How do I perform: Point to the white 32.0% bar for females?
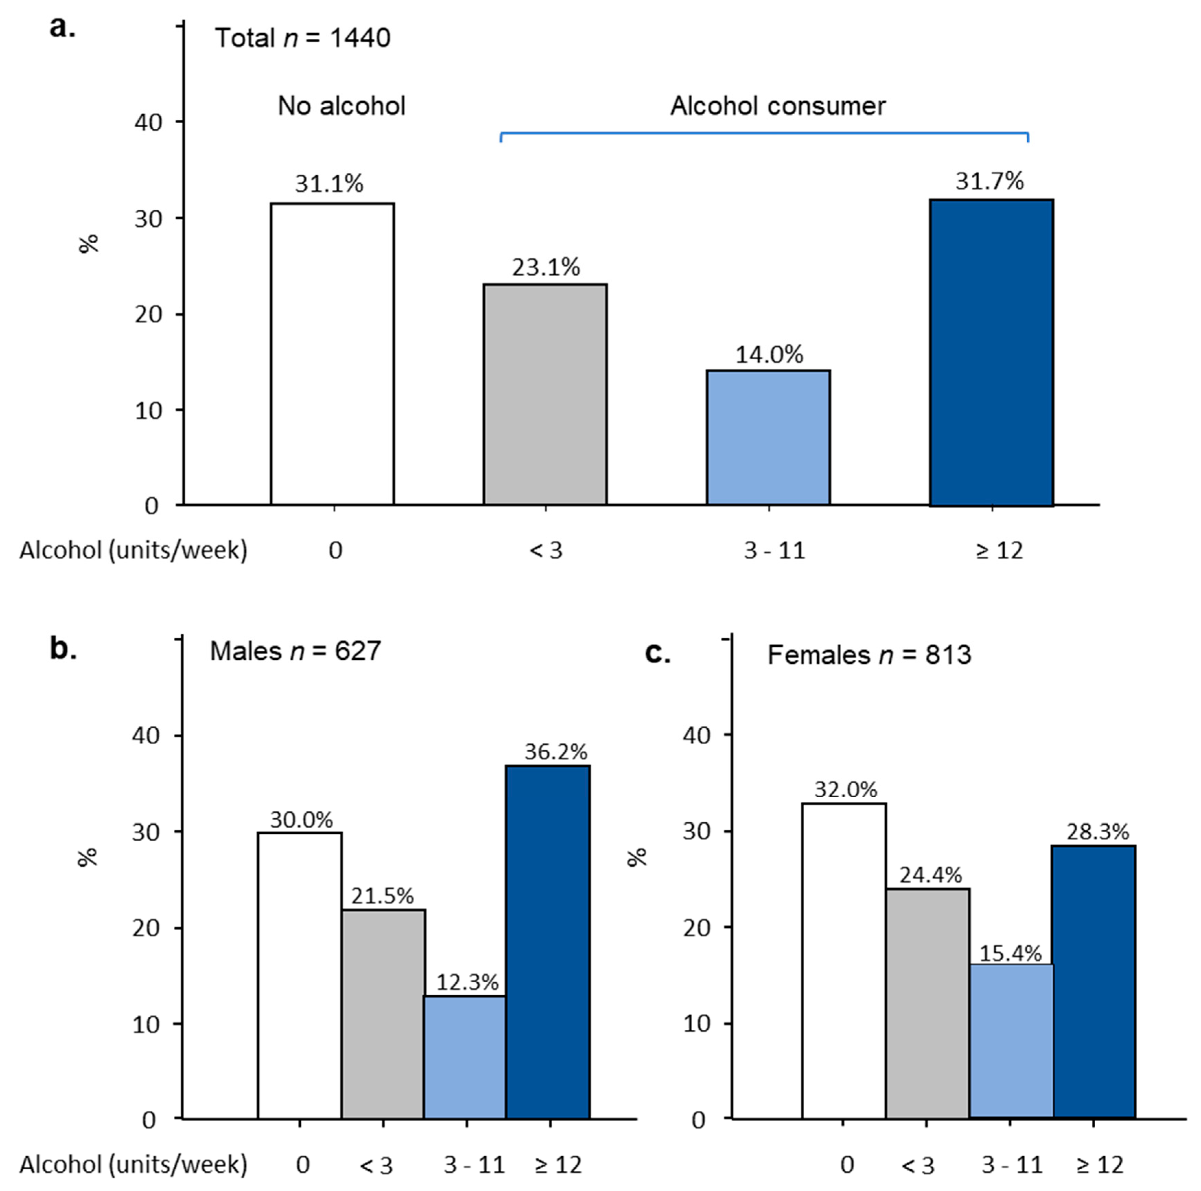844,960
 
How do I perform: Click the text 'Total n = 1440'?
303,38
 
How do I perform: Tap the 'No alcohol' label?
341,106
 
